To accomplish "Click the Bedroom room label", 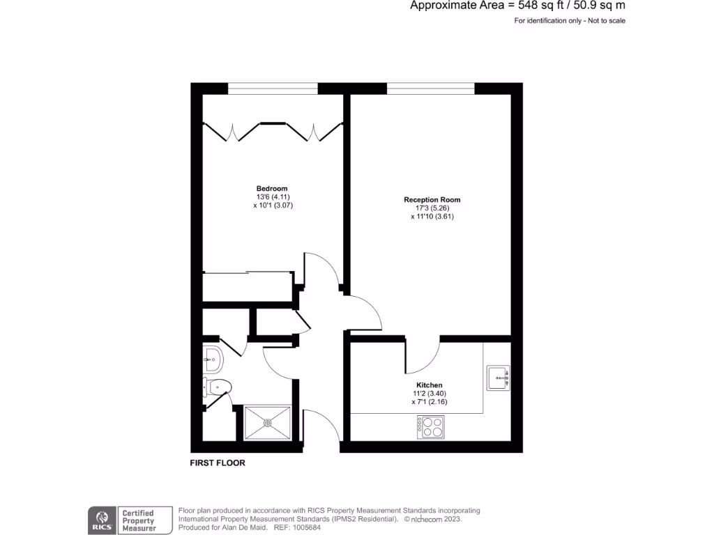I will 271,189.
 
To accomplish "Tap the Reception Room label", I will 432,200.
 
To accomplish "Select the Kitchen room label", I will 429,385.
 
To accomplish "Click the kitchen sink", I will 498,378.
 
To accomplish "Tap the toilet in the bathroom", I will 218,386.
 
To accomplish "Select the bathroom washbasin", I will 213,359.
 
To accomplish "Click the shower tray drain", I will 268,422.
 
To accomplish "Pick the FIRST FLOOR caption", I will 218,463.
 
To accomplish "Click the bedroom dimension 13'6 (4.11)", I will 271,197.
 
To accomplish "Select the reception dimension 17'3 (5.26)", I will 432,208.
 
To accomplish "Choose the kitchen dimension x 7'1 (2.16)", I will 429,402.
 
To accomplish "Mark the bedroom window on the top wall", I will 273,88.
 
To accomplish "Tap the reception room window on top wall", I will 431,88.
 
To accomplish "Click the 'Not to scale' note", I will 606,21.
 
